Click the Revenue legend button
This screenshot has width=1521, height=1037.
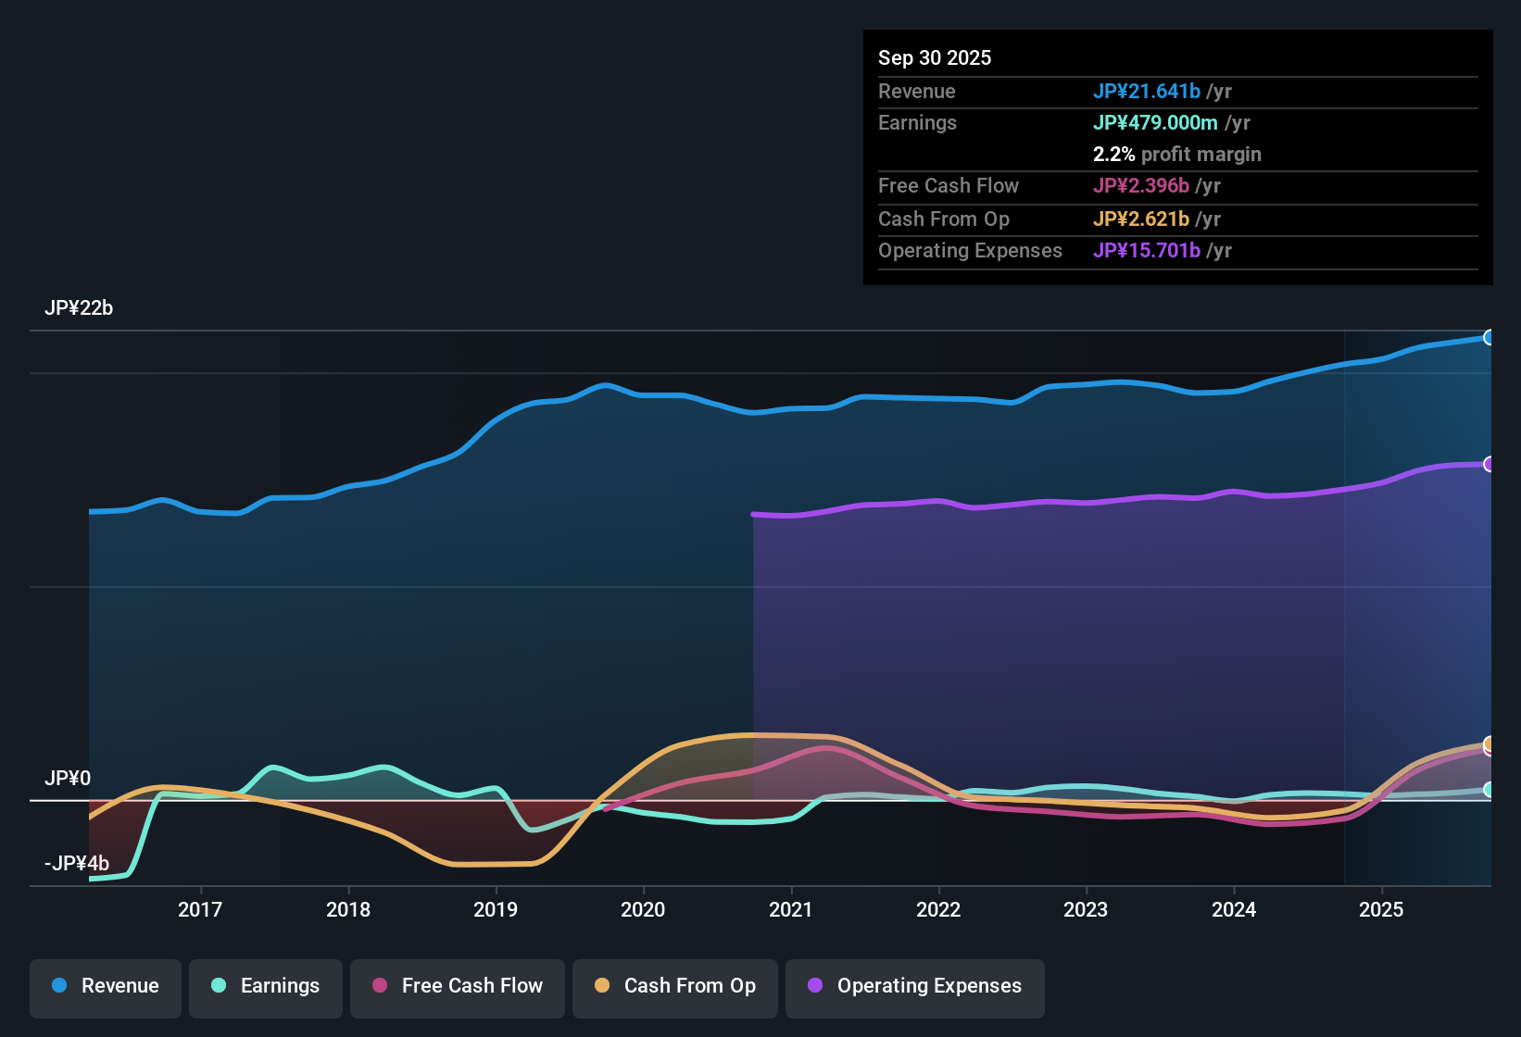point(106,986)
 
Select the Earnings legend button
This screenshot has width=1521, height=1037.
point(266,986)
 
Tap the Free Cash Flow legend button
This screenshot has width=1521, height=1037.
point(458,986)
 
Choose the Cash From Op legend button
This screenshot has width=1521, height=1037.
point(675,986)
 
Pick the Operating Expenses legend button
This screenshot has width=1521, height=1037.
point(915,986)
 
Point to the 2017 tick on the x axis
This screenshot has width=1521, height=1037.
point(200,909)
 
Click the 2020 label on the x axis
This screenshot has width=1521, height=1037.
point(643,909)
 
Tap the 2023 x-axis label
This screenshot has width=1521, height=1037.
point(1086,909)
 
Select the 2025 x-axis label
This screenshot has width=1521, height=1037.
point(1381,909)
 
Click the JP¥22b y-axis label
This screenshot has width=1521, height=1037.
point(79,308)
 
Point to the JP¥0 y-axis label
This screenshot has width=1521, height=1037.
point(68,779)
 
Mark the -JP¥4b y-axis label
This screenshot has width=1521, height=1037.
point(77,864)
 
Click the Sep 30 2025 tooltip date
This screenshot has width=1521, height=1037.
point(935,57)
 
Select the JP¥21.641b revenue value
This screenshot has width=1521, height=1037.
point(1147,91)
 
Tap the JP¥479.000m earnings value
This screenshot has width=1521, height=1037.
point(1155,122)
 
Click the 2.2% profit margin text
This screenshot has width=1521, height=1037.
point(1176,154)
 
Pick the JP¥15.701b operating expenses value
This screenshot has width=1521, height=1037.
point(1147,250)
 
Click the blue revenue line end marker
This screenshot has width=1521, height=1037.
point(1489,338)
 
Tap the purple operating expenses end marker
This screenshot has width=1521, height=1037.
point(1489,464)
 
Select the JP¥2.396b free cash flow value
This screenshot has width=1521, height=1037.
point(1141,185)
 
